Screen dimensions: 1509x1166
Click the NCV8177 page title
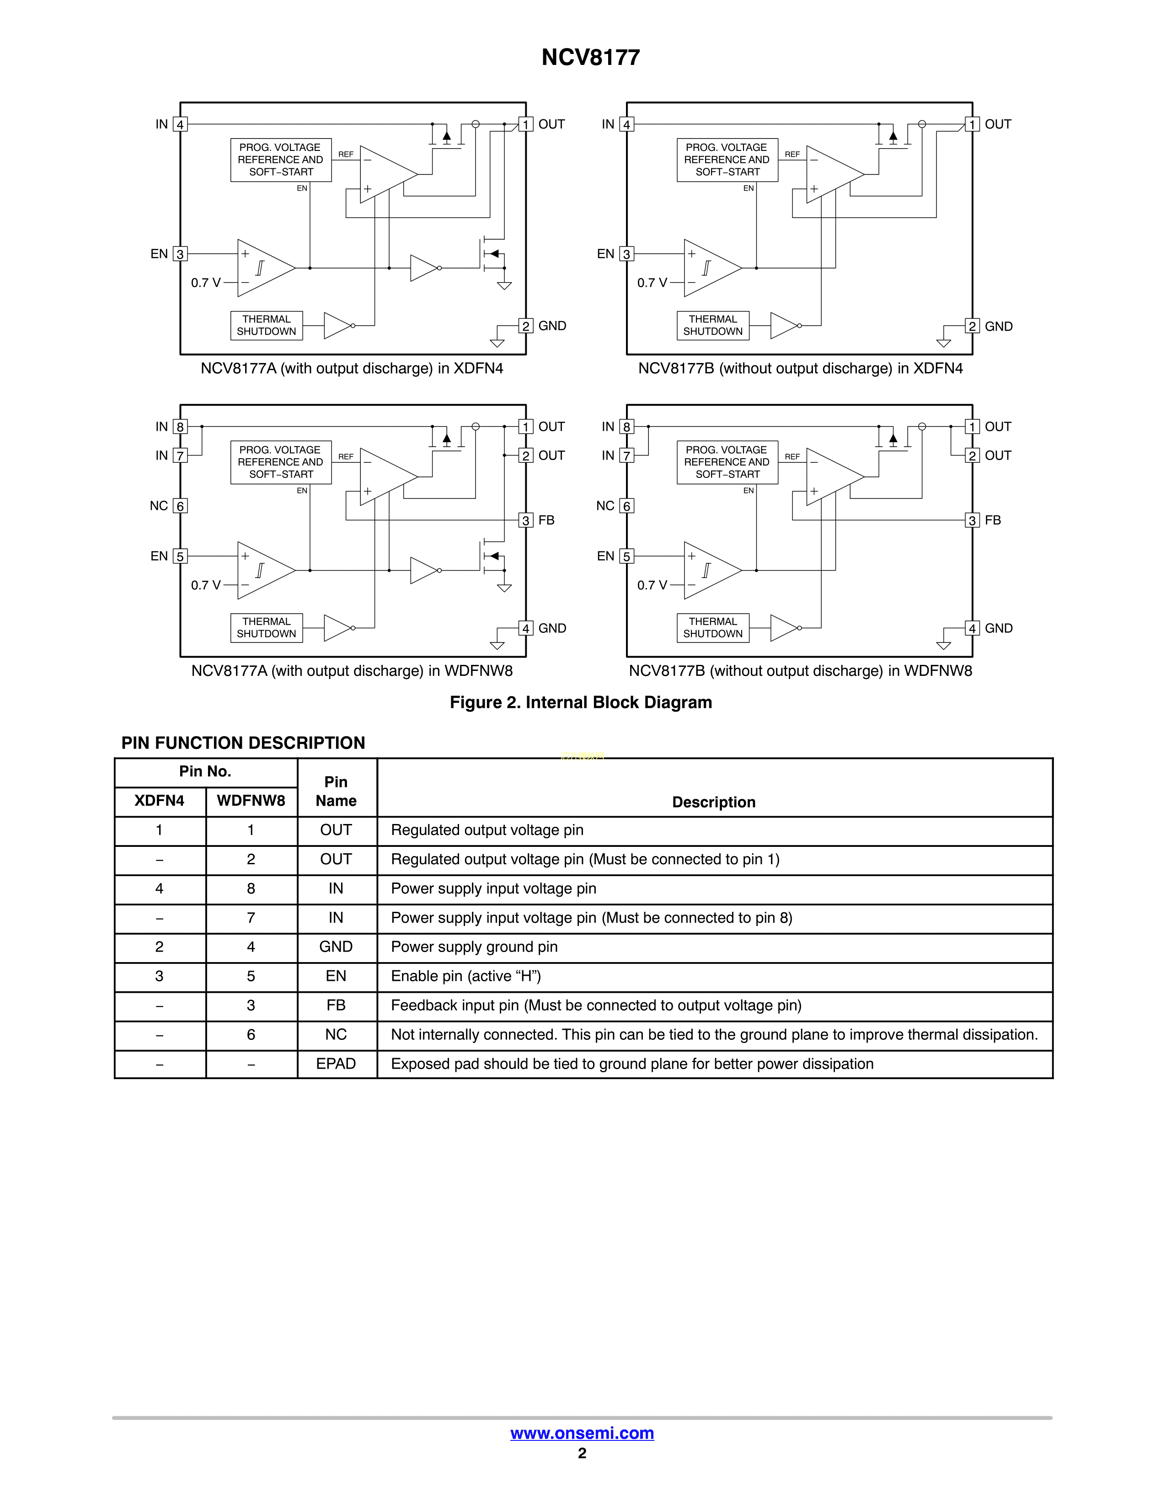click(x=591, y=57)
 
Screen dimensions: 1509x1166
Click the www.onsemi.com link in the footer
click(x=582, y=1433)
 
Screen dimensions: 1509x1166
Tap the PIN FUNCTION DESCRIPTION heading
click(x=243, y=743)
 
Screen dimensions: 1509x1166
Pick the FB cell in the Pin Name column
click(x=336, y=1005)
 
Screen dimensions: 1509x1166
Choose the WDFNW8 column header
click(x=251, y=801)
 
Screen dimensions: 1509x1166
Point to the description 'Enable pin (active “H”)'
click(x=465, y=976)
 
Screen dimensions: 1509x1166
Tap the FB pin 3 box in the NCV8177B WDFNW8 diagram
click(x=972, y=520)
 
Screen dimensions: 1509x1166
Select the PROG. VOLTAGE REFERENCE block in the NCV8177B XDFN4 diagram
click(x=727, y=160)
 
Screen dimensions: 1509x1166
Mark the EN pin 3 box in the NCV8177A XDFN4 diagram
click(x=180, y=254)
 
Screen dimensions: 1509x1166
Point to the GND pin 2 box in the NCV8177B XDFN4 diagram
click(x=972, y=326)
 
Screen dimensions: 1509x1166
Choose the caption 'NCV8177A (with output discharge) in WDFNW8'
click(x=352, y=671)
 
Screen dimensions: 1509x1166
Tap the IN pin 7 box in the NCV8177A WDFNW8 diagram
click(x=180, y=456)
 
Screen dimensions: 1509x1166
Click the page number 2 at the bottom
click(x=582, y=1453)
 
